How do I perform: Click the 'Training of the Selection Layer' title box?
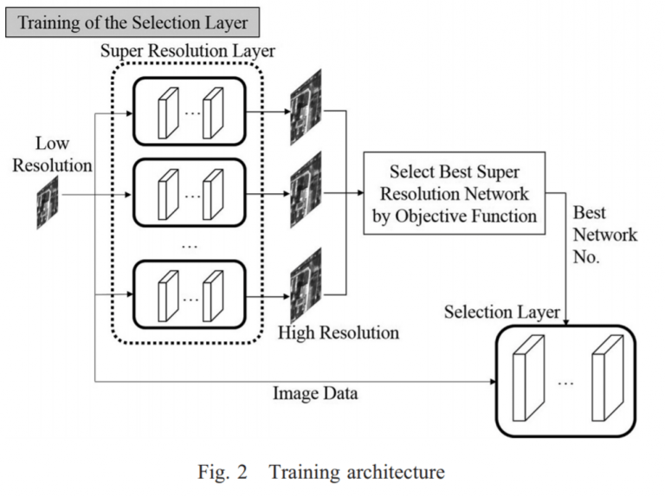coord(132,23)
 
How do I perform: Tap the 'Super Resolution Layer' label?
coord(187,51)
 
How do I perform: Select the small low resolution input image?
coord(48,203)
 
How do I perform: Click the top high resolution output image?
coord(306,106)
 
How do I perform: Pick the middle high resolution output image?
coord(306,190)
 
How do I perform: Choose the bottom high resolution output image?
coord(306,286)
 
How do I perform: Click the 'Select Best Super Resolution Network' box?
coord(455,193)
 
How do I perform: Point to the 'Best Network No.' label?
coord(604,235)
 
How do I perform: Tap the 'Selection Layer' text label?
coord(502,312)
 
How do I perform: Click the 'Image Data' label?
coord(315,393)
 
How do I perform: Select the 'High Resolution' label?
coord(339,332)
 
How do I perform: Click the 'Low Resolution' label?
coord(52,154)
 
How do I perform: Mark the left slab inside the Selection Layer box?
coord(528,378)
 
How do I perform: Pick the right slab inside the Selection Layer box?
coord(608,378)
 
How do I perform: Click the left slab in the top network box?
coord(168,113)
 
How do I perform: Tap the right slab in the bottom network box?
coord(213,296)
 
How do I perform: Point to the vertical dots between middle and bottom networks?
coord(189,247)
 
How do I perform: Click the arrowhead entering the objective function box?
coord(360,193)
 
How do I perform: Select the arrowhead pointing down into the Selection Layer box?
coord(565,322)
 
